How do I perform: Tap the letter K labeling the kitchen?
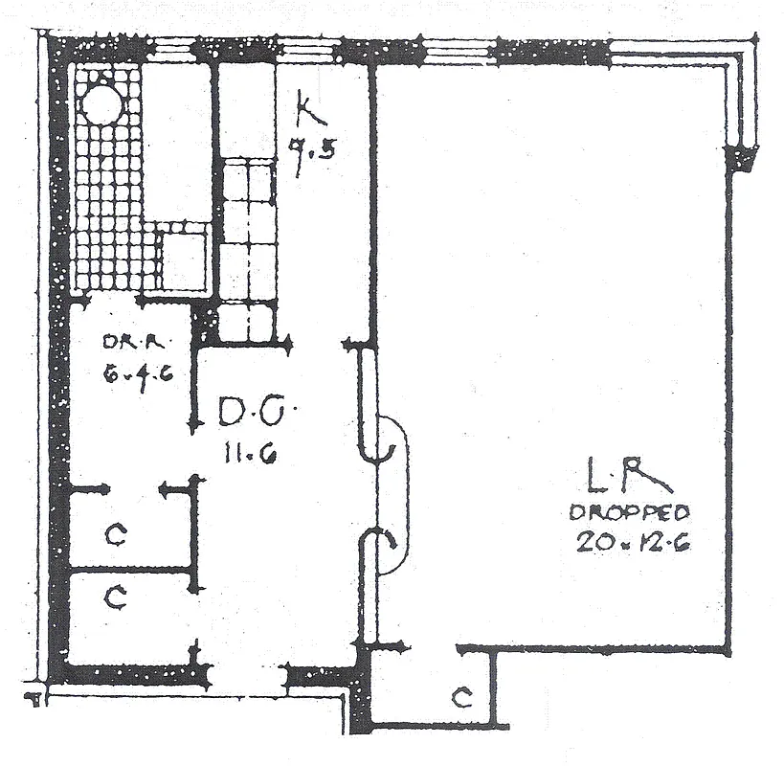(308, 113)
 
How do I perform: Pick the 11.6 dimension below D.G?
(251, 455)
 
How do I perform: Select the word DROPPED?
(630, 512)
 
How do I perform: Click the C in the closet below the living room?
(460, 698)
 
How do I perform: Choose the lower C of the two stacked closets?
(115, 598)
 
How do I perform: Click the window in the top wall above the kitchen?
(306, 49)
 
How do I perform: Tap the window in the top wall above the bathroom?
(174, 49)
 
